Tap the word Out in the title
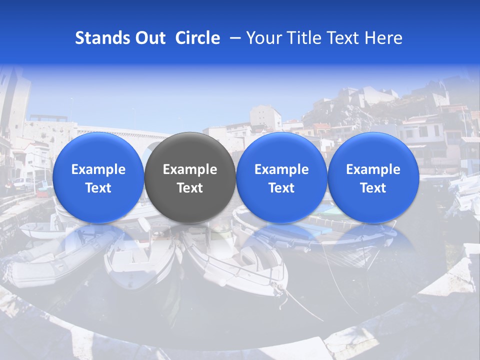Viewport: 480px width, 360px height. coord(149,38)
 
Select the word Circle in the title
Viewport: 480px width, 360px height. coord(197,38)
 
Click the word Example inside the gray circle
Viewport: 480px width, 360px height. coord(190,169)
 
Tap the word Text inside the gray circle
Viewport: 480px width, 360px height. coord(190,188)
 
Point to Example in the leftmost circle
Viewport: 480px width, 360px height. coord(98,169)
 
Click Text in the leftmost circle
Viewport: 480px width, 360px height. coord(98,188)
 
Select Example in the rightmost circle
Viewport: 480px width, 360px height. coord(373,169)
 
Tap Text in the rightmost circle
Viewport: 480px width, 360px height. coord(373,188)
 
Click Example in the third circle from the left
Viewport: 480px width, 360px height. coord(281,169)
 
